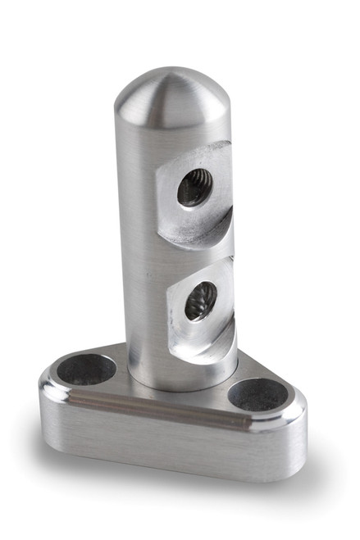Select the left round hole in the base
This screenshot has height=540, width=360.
click(x=86, y=369)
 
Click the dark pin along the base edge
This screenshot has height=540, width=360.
click(x=164, y=406)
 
